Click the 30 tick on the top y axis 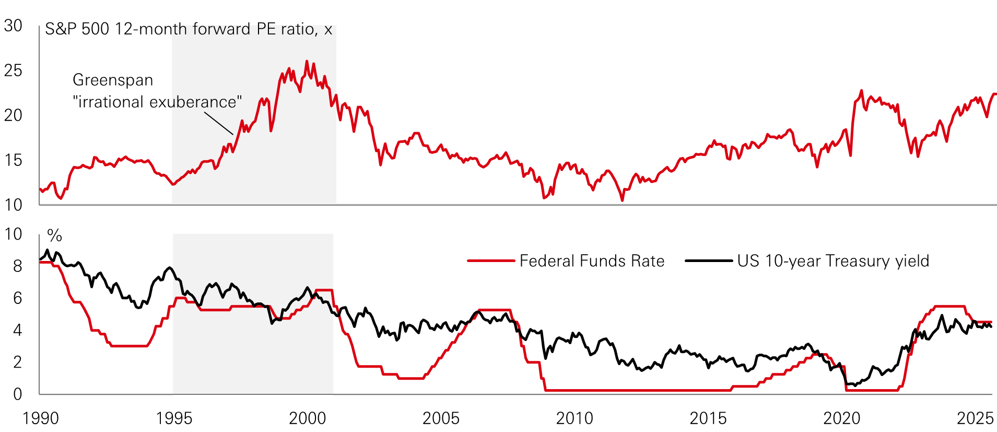pyautogui.click(x=13, y=26)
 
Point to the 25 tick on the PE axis pyautogui.click(x=13, y=71)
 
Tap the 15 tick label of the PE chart pyautogui.click(x=13, y=160)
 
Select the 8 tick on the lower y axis pyautogui.click(x=18, y=266)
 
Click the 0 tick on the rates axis pyautogui.click(x=18, y=394)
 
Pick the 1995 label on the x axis pyautogui.click(x=174, y=418)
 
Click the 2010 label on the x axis pyautogui.click(x=574, y=418)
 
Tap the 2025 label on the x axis pyautogui.click(x=975, y=418)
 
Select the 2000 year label pyautogui.click(x=308, y=418)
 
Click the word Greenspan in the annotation pyautogui.click(x=113, y=80)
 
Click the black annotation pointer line pyautogui.click(x=219, y=123)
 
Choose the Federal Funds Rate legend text pyautogui.click(x=592, y=261)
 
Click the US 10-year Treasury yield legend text pyautogui.click(x=833, y=261)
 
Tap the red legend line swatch pyautogui.click(x=491, y=260)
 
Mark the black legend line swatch pyautogui.click(x=709, y=260)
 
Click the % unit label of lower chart pyautogui.click(x=55, y=236)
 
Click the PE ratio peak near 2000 pyautogui.click(x=307, y=61)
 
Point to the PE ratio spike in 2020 pyautogui.click(x=861, y=90)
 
